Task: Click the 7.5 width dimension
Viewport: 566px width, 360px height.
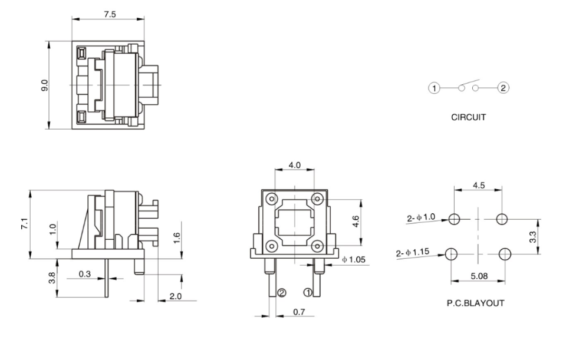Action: [x=110, y=15]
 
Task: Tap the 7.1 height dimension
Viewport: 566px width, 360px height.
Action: [x=23, y=224]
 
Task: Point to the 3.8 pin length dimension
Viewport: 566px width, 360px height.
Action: [x=52, y=278]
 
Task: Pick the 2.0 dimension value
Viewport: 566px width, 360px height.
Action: [x=175, y=296]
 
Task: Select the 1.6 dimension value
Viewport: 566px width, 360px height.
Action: [x=176, y=239]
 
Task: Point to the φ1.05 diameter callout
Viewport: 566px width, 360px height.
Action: [x=354, y=260]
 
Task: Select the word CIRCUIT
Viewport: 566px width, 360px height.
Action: [x=468, y=117]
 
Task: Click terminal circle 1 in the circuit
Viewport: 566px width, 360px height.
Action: [x=434, y=89]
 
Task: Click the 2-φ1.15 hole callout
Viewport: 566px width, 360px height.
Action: [x=412, y=253]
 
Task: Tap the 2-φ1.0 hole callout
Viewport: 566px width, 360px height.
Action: [x=421, y=217]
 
